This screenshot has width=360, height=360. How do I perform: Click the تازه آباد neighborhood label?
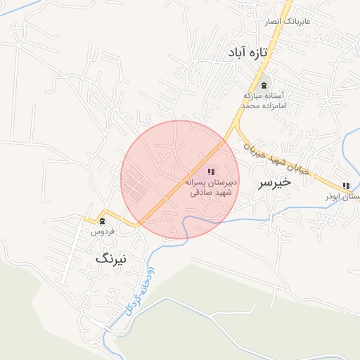[250, 53]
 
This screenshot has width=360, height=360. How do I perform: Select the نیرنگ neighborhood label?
[112, 259]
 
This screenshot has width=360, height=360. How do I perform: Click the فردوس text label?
[103, 231]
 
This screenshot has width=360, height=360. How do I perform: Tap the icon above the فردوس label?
[103, 221]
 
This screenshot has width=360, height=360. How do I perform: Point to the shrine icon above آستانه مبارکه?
[263, 85]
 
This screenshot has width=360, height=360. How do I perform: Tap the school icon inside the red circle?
[211, 172]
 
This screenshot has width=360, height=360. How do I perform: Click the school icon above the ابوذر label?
[345, 186]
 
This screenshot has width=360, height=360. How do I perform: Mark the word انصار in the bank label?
[276, 22]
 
